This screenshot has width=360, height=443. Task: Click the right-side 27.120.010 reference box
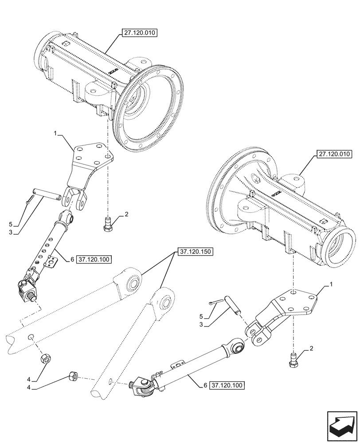[x=333, y=155]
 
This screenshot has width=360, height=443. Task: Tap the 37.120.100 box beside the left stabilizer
[x=94, y=259]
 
